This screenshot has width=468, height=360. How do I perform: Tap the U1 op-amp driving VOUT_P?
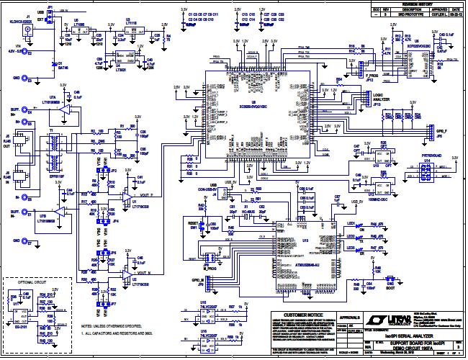(127, 197)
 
